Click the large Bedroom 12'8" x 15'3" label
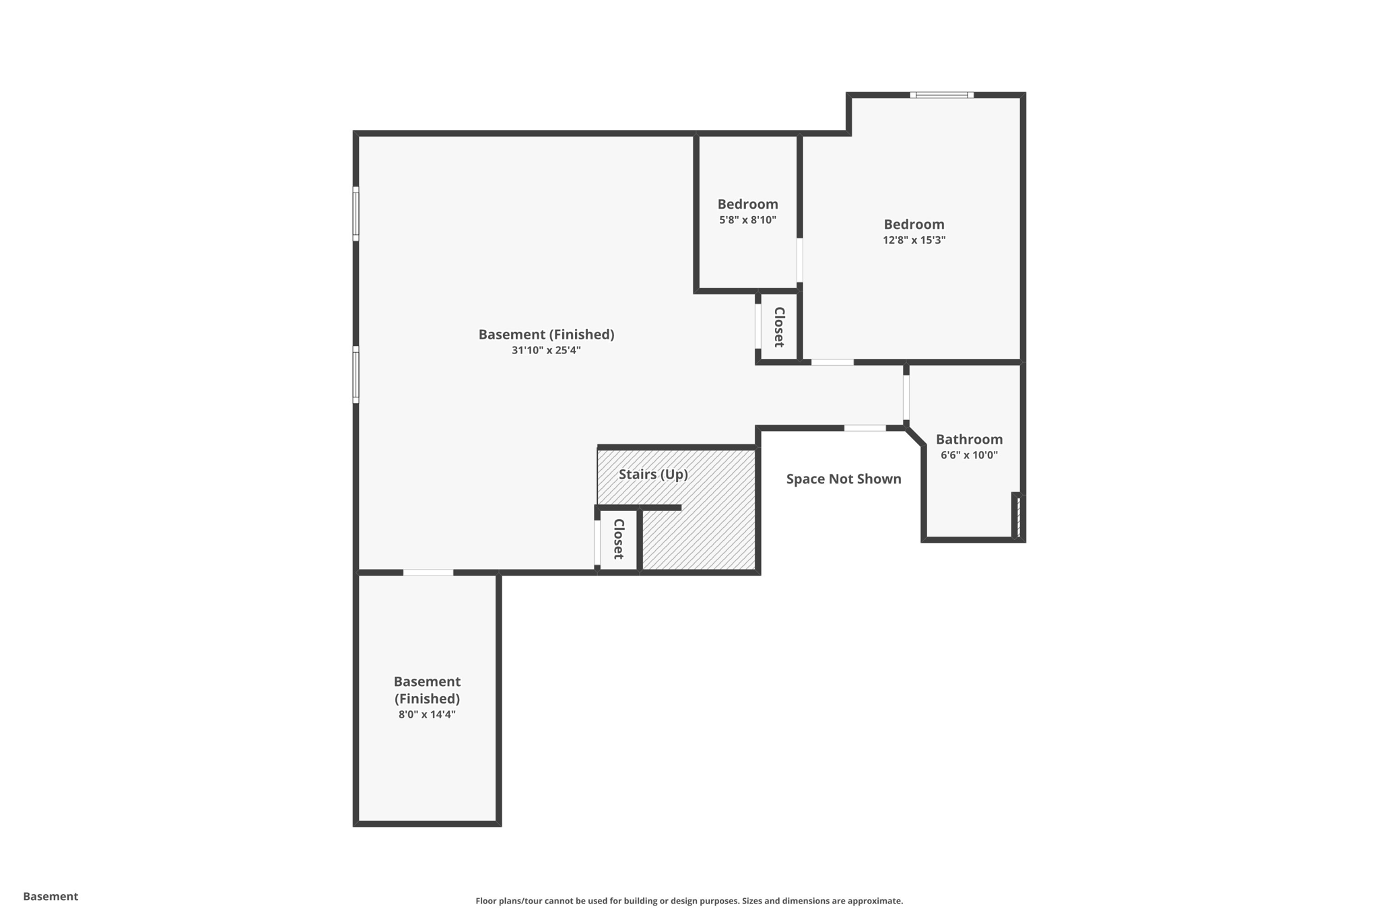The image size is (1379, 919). click(x=914, y=225)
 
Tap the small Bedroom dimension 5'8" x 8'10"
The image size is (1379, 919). click(x=747, y=220)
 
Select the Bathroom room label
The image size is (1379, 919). click(x=969, y=440)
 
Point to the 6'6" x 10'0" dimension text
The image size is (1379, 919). click(x=969, y=455)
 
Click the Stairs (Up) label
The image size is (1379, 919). click(x=653, y=475)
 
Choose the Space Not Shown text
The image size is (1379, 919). click(x=843, y=479)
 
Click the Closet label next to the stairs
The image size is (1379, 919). click(x=618, y=539)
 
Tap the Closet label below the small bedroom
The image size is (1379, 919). click(x=779, y=327)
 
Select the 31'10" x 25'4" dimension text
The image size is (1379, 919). click(x=545, y=350)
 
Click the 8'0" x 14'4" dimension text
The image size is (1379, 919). click(x=427, y=715)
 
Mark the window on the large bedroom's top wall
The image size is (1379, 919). click(x=941, y=95)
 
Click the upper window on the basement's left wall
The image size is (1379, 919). click(x=356, y=213)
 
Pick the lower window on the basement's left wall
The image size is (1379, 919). click(x=356, y=374)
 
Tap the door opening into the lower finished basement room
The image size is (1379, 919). click(x=428, y=572)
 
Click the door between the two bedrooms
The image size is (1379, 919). click(x=799, y=260)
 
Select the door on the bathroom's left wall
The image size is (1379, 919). click(x=906, y=397)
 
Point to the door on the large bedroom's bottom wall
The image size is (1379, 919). click(x=832, y=362)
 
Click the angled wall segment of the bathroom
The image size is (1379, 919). click(x=915, y=436)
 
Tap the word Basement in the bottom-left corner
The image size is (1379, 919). click(x=51, y=896)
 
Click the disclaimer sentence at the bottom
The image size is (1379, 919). click(x=689, y=901)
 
